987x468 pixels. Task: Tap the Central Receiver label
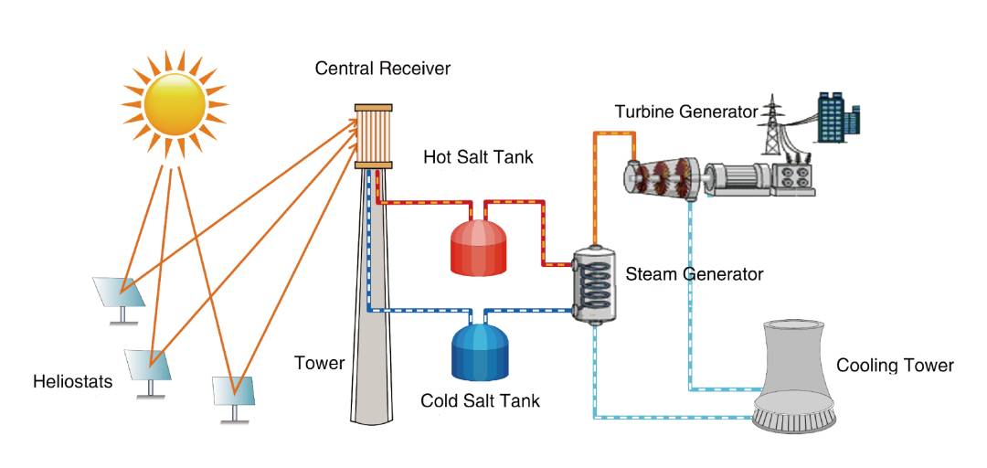[382, 69]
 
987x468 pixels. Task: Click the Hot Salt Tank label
[478, 157]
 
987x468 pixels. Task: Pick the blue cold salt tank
[480, 352]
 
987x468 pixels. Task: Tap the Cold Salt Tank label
[480, 400]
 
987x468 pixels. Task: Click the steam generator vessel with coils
[592, 284]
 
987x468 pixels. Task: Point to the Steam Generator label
[694, 273]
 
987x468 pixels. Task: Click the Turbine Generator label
[685, 112]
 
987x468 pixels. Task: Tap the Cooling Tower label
[895, 366]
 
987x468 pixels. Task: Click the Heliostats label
[72, 381]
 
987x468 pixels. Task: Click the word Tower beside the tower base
[319, 364]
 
